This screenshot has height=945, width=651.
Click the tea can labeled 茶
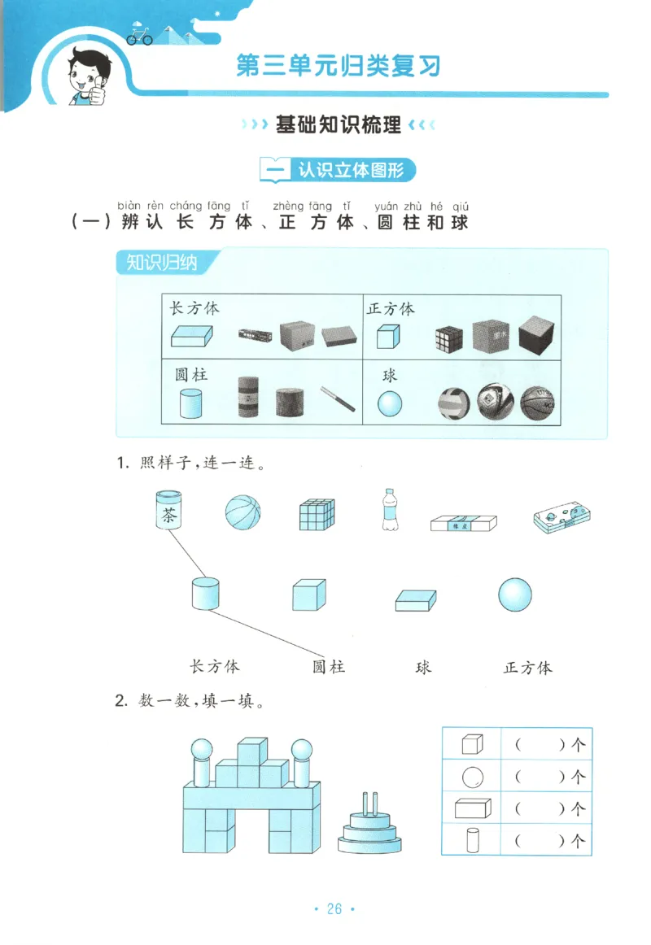pos(168,511)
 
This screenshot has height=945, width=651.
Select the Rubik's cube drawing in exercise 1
pos(317,513)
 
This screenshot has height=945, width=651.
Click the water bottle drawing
pos(390,510)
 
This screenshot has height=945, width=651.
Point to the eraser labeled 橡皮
pos(462,523)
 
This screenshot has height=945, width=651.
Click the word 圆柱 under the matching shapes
pos(329,667)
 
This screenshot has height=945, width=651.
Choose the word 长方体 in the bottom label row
pos(215,666)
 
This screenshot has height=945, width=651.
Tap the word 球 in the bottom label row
pos(423,667)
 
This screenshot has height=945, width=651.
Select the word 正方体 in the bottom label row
pos(527,668)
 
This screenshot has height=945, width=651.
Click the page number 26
pos(334,909)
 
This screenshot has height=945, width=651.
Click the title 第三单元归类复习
pos(339,65)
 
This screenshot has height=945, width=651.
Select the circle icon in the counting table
pos(472,777)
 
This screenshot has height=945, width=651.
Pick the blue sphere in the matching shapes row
pos(516,594)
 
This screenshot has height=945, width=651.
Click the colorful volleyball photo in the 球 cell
pos(454,403)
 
